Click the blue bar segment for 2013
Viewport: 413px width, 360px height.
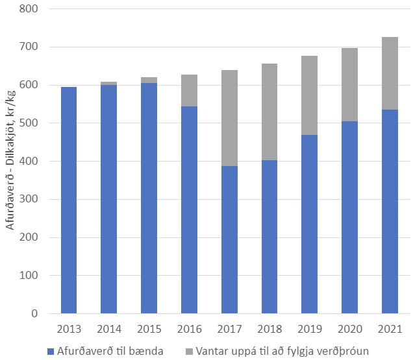pyautogui.click(x=68, y=200)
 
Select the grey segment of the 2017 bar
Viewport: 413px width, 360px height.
pyautogui.click(x=229, y=118)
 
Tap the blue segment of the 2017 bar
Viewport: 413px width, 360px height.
pyautogui.click(x=229, y=240)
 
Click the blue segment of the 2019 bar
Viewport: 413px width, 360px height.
pyautogui.click(x=310, y=224)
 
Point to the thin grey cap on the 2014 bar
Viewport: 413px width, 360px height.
pyautogui.click(x=108, y=83)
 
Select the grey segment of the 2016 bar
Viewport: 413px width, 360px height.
pyautogui.click(x=189, y=90)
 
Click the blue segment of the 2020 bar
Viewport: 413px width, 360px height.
pyautogui.click(x=349, y=217)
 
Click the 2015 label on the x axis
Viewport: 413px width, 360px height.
pyautogui.click(x=149, y=329)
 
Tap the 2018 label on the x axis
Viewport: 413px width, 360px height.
pyautogui.click(x=269, y=329)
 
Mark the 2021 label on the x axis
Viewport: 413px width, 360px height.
pyautogui.click(x=390, y=329)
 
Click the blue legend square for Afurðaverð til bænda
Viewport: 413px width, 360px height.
pyautogui.click(x=51, y=352)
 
